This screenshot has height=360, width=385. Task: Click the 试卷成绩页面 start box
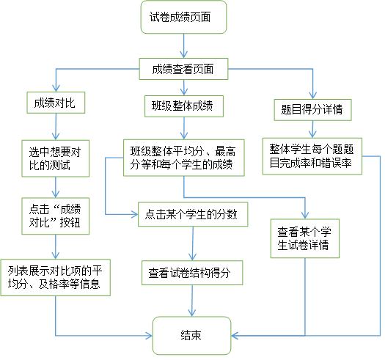point(183,17)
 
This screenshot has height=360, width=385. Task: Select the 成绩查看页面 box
point(183,69)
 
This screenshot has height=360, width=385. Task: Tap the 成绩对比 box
point(56,103)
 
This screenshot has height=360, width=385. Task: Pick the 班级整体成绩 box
point(184,106)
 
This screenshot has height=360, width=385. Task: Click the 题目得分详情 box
point(313,110)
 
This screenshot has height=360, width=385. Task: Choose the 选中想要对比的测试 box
point(56,158)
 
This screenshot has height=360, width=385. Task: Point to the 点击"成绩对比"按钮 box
point(56,216)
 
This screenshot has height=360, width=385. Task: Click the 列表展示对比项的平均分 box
point(56,277)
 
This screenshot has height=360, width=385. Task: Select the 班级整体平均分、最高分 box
point(184,158)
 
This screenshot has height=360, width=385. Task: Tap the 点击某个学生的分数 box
point(193,214)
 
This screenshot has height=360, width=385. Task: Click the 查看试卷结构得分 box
point(192,273)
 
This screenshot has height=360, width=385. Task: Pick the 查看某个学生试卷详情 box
point(305,238)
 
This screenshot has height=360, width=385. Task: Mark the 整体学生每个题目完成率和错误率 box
point(312,156)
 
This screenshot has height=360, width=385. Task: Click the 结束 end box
point(191,336)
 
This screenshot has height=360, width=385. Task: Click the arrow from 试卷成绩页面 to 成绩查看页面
point(183,46)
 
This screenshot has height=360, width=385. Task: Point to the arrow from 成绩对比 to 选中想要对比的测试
point(56,127)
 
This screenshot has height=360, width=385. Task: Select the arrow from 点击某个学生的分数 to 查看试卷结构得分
point(193,243)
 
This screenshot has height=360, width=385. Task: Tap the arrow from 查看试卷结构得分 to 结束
point(192,301)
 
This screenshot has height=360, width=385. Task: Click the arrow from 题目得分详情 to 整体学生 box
point(312,129)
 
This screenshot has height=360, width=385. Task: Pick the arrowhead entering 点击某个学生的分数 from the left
point(134,214)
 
